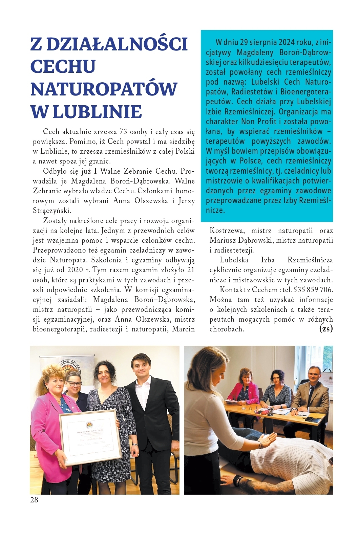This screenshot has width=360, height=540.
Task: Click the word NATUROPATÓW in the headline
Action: tap(104, 89)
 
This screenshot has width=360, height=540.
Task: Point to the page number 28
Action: tap(34, 500)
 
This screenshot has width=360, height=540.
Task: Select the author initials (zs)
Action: tap(326, 329)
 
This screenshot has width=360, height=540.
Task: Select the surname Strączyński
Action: tap(52, 211)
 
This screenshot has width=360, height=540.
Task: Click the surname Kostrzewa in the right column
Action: tap(227, 231)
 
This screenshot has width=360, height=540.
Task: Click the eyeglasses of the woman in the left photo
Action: tap(74, 384)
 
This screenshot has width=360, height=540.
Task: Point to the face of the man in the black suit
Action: tap(141, 367)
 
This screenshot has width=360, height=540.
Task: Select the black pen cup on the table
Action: tap(270, 411)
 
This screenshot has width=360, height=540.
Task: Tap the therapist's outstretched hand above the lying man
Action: tap(266, 440)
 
